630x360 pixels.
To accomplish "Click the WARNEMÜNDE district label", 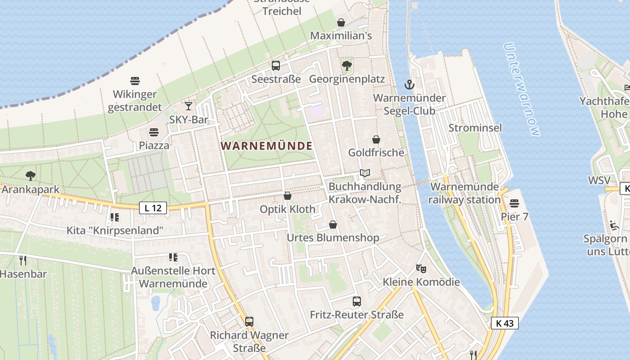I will pyautogui.click(x=267, y=146).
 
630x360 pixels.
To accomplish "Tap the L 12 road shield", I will pyautogui.click(x=153, y=208).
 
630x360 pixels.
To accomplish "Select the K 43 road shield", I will pyautogui.click(x=504, y=323).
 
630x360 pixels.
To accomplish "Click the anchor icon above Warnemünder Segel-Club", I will pyautogui.click(x=409, y=84).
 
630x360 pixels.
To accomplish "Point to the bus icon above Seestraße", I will pyautogui.click(x=276, y=66).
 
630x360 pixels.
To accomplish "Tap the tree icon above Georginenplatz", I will pyautogui.click(x=346, y=66).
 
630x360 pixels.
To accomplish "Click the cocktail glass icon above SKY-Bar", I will pyautogui.click(x=189, y=106).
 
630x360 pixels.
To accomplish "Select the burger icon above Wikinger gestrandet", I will pyautogui.click(x=135, y=81).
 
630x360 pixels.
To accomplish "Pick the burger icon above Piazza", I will pyautogui.click(x=154, y=132).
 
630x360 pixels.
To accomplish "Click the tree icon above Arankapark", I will pyautogui.click(x=31, y=175).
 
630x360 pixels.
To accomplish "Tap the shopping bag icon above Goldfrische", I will pyautogui.click(x=376, y=139).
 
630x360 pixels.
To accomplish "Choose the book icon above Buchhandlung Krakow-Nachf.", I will pyautogui.click(x=364, y=173).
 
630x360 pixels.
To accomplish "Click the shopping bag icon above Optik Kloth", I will pyautogui.click(x=288, y=196).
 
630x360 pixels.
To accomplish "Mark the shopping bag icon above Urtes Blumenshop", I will pyautogui.click(x=333, y=224).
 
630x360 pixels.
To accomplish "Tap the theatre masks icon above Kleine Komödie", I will pyautogui.click(x=421, y=269).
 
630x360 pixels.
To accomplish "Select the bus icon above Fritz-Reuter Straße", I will pyautogui.click(x=357, y=301).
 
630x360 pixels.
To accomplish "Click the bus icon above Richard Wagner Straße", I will pyautogui.click(x=249, y=322).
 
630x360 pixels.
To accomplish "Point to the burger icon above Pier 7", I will pyautogui.click(x=515, y=203).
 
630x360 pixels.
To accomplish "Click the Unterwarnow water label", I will pyautogui.click(x=522, y=90).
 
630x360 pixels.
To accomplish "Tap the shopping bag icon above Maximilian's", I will pyautogui.click(x=341, y=22).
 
